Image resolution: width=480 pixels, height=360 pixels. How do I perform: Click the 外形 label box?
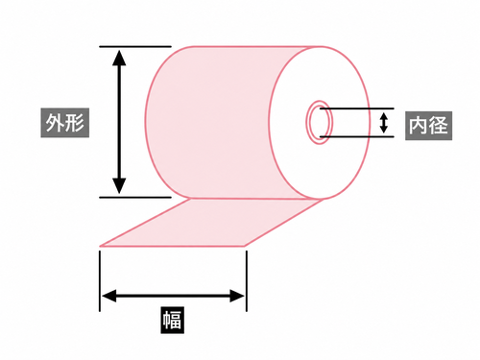65,123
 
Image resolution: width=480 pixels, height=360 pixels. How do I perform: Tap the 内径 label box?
428,126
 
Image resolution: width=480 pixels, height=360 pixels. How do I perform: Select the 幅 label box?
173,320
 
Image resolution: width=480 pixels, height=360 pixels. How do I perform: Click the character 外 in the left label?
56,123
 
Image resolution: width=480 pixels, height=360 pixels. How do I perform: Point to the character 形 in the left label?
75,123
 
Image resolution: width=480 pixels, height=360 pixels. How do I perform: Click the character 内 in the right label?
419,126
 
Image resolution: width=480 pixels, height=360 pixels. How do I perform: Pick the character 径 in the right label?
438,126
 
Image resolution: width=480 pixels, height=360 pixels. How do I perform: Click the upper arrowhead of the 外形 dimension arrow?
119,58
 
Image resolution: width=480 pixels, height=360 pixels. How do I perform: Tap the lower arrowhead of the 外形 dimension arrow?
119,186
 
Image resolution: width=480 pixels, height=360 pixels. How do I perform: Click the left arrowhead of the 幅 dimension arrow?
108,296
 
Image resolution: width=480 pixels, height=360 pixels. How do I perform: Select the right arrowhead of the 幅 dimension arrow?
237,296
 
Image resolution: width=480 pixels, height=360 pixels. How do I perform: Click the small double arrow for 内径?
384,123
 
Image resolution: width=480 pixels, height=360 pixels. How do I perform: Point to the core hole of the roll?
320,123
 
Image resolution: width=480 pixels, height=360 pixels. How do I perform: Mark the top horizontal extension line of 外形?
135,47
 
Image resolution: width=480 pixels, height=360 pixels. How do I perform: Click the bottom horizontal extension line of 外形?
135,198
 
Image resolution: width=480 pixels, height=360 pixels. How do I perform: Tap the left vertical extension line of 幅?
100,281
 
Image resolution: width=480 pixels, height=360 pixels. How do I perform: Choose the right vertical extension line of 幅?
247,281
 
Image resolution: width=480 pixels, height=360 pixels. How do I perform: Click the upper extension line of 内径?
357,108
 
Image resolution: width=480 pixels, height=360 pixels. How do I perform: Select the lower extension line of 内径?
357,136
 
